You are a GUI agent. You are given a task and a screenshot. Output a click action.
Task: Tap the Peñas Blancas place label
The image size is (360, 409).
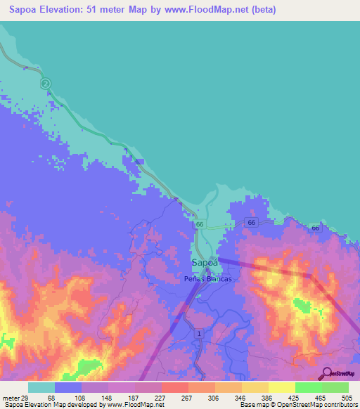tap(207, 278)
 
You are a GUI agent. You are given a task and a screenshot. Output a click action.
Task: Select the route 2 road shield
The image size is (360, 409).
tap(46, 84)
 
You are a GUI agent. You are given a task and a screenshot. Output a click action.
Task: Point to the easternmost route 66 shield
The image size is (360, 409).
tap(316, 228)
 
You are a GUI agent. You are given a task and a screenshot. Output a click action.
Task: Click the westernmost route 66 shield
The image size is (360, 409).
tap(200, 224)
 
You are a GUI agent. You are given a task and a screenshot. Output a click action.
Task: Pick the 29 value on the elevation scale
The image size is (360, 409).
tap(25, 397)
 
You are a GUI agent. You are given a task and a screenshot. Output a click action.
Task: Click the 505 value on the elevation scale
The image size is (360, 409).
tap(346, 397)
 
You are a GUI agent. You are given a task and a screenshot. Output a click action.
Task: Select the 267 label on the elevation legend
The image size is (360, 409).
tap(186, 397)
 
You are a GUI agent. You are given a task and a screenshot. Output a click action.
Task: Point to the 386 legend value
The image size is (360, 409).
tap(266, 397)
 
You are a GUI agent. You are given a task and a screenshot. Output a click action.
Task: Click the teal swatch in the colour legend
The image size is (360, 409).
tap(41, 387)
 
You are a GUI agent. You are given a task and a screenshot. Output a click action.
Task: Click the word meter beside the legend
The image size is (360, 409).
tap(10, 397)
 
